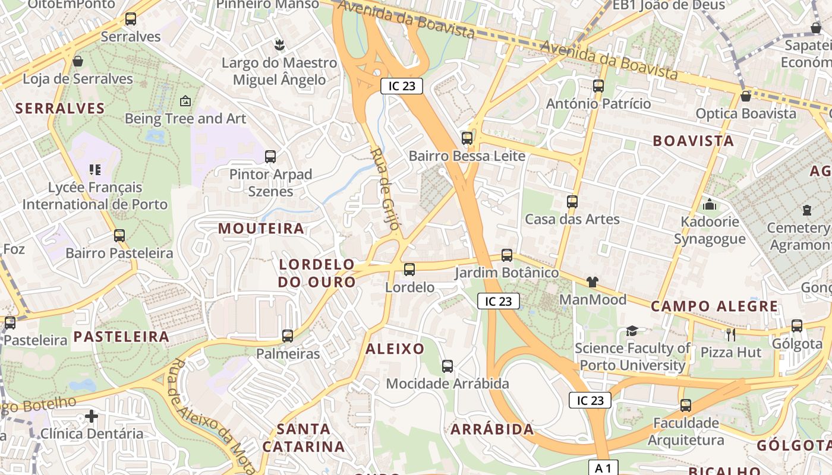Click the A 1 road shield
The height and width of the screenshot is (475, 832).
(603, 467)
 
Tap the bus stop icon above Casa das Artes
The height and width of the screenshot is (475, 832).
(572, 201)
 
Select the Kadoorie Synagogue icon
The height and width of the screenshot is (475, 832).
(709, 204)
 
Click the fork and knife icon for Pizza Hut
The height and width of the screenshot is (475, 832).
(731, 334)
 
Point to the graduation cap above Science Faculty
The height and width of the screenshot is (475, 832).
(632, 331)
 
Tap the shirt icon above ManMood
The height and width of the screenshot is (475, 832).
(592, 281)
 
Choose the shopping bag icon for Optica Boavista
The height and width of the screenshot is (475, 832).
(746, 96)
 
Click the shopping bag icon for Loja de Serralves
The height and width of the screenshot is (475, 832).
(78, 61)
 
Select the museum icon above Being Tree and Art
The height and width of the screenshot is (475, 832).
(185, 101)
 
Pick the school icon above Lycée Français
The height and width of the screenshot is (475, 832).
(95, 170)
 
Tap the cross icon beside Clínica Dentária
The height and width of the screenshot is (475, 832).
(91, 416)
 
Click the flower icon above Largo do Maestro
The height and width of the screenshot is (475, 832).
(278, 45)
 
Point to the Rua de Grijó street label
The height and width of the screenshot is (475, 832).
(386, 192)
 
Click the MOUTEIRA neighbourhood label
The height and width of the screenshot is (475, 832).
(261, 229)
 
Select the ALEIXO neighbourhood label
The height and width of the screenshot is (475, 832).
(395, 349)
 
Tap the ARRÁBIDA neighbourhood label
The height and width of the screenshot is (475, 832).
(492, 429)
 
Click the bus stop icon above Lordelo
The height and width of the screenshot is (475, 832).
(409, 270)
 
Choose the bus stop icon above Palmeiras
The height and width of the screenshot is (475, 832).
(288, 336)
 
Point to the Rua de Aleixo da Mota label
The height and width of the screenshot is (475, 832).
(212, 416)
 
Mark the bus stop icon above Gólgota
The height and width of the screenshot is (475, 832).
(796, 325)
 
